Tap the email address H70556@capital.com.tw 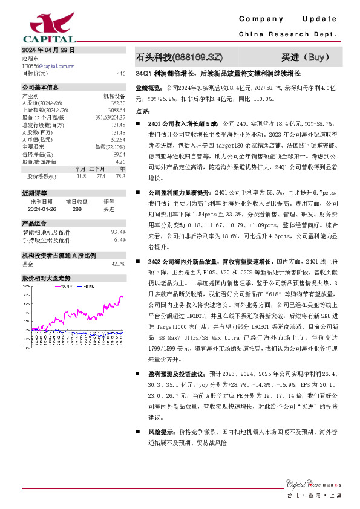click(48, 65)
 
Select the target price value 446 click(121, 73)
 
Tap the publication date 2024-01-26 click(41, 209)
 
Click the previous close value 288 click(77, 209)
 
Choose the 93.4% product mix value click(118, 232)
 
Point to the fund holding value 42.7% click(118, 264)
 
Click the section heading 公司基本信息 click(41, 87)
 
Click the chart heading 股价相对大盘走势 click(47, 278)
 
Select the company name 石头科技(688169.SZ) click(180, 58)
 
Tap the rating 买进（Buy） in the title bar click(307, 58)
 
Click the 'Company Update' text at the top click(293, 19)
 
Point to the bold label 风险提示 click(159, 433)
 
